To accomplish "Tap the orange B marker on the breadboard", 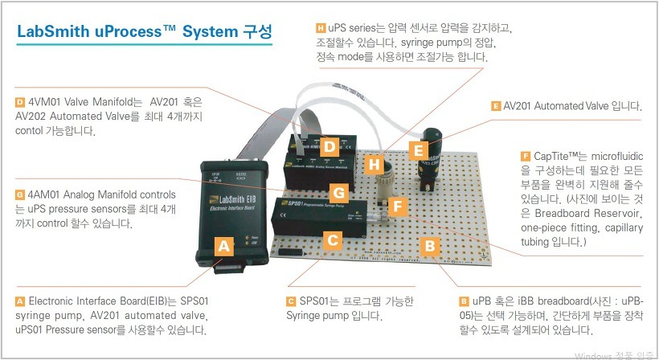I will [x=431, y=244].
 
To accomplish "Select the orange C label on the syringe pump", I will [x=331, y=239].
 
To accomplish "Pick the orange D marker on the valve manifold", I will [x=329, y=147].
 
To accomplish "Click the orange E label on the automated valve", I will [x=416, y=149].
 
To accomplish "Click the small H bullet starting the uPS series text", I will [x=321, y=28].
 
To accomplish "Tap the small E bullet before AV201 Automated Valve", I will [x=495, y=106].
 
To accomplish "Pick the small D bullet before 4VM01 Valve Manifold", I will [x=19, y=102].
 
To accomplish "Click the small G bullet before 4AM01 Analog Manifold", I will [x=19, y=195].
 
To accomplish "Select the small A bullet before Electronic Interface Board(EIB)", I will [x=19, y=301].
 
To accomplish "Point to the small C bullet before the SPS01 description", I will [x=290, y=301].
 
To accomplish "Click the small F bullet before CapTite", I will [x=526, y=155].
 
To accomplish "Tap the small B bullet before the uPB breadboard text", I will [x=464, y=301].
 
